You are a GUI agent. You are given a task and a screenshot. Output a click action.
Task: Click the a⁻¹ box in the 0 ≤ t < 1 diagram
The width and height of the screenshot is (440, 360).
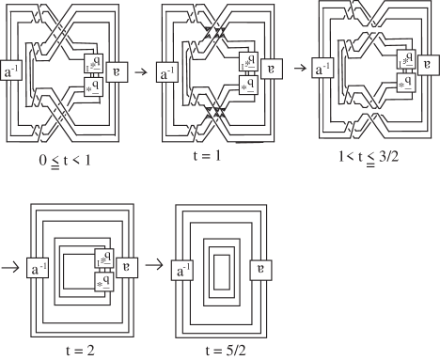point(14,71)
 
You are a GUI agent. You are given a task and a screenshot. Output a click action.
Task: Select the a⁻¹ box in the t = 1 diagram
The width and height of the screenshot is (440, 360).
point(167,71)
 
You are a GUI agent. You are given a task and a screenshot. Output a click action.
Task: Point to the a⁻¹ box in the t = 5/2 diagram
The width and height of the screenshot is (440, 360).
point(188,271)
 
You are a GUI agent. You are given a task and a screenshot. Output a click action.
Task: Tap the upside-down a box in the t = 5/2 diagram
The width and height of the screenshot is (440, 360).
point(261,271)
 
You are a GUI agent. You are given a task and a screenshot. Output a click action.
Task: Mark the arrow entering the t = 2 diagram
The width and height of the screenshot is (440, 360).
point(11,267)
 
